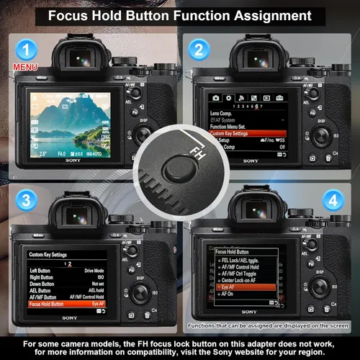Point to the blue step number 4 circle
click(332, 199)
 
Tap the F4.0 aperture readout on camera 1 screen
click(63, 154)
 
